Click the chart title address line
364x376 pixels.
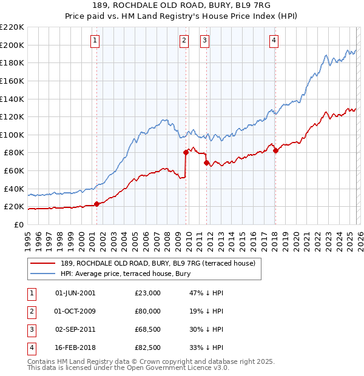click(x=181, y=6)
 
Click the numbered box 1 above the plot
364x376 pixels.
click(x=96, y=41)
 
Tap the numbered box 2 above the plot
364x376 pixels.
click(x=184, y=41)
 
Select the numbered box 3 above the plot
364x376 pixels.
click(x=205, y=41)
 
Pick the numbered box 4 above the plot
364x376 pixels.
click(x=274, y=41)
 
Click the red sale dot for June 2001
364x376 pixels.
click(x=96, y=204)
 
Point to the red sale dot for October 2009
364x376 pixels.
click(x=186, y=153)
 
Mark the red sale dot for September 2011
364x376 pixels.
click(x=206, y=163)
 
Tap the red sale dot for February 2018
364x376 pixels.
click(x=275, y=150)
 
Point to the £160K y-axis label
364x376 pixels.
click(x=12, y=81)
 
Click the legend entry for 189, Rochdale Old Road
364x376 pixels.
click(x=158, y=263)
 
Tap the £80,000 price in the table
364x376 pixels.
click(x=148, y=311)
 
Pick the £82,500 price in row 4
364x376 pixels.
click(x=148, y=347)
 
